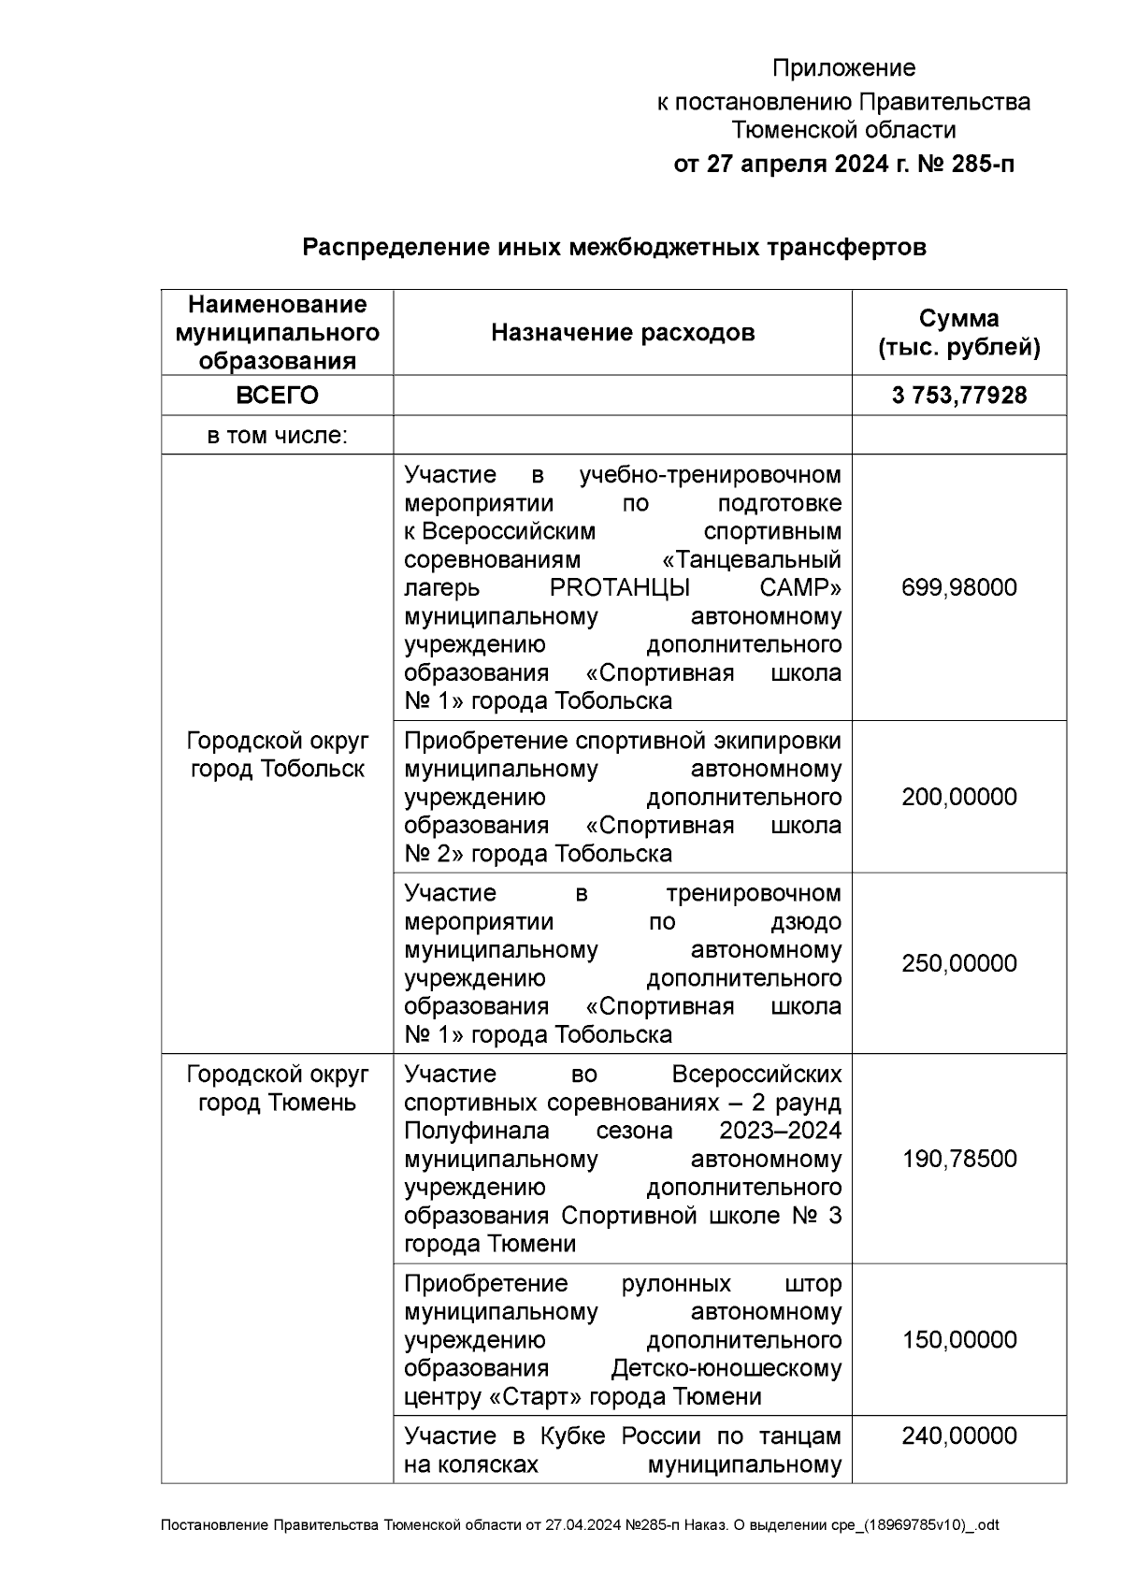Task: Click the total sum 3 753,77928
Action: pyautogui.click(x=959, y=396)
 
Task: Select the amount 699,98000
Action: pyautogui.click(x=959, y=587)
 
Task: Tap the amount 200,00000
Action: pyautogui.click(x=959, y=797)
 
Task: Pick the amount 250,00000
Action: pyautogui.click(x=959, y=963)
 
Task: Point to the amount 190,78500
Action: pyautogui.click(x=959, y=1159)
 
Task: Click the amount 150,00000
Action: pyautogui.click(x=959, y=1339)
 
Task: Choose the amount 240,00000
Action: pyautogui.click(x=959, y=1436)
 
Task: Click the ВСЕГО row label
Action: pyautogui.click(x=277, y=396)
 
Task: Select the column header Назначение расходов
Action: pyautogui.click(x=623, y=332)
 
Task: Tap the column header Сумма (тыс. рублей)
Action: pyautogui.click(x=959, y=333)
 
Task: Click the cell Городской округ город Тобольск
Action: pyautogui.click(x=277, y=755)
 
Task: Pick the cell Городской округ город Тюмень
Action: pyautogui.click(x=277, y=1088)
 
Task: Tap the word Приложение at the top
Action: pyautogui.click(x=843, y=68)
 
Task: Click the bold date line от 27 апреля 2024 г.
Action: pyautogui.click(x=843, y=165)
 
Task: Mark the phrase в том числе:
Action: pyautogui.click(x=277, y=435)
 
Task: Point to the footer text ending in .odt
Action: pyautogui.click(x=580, y=1525)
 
